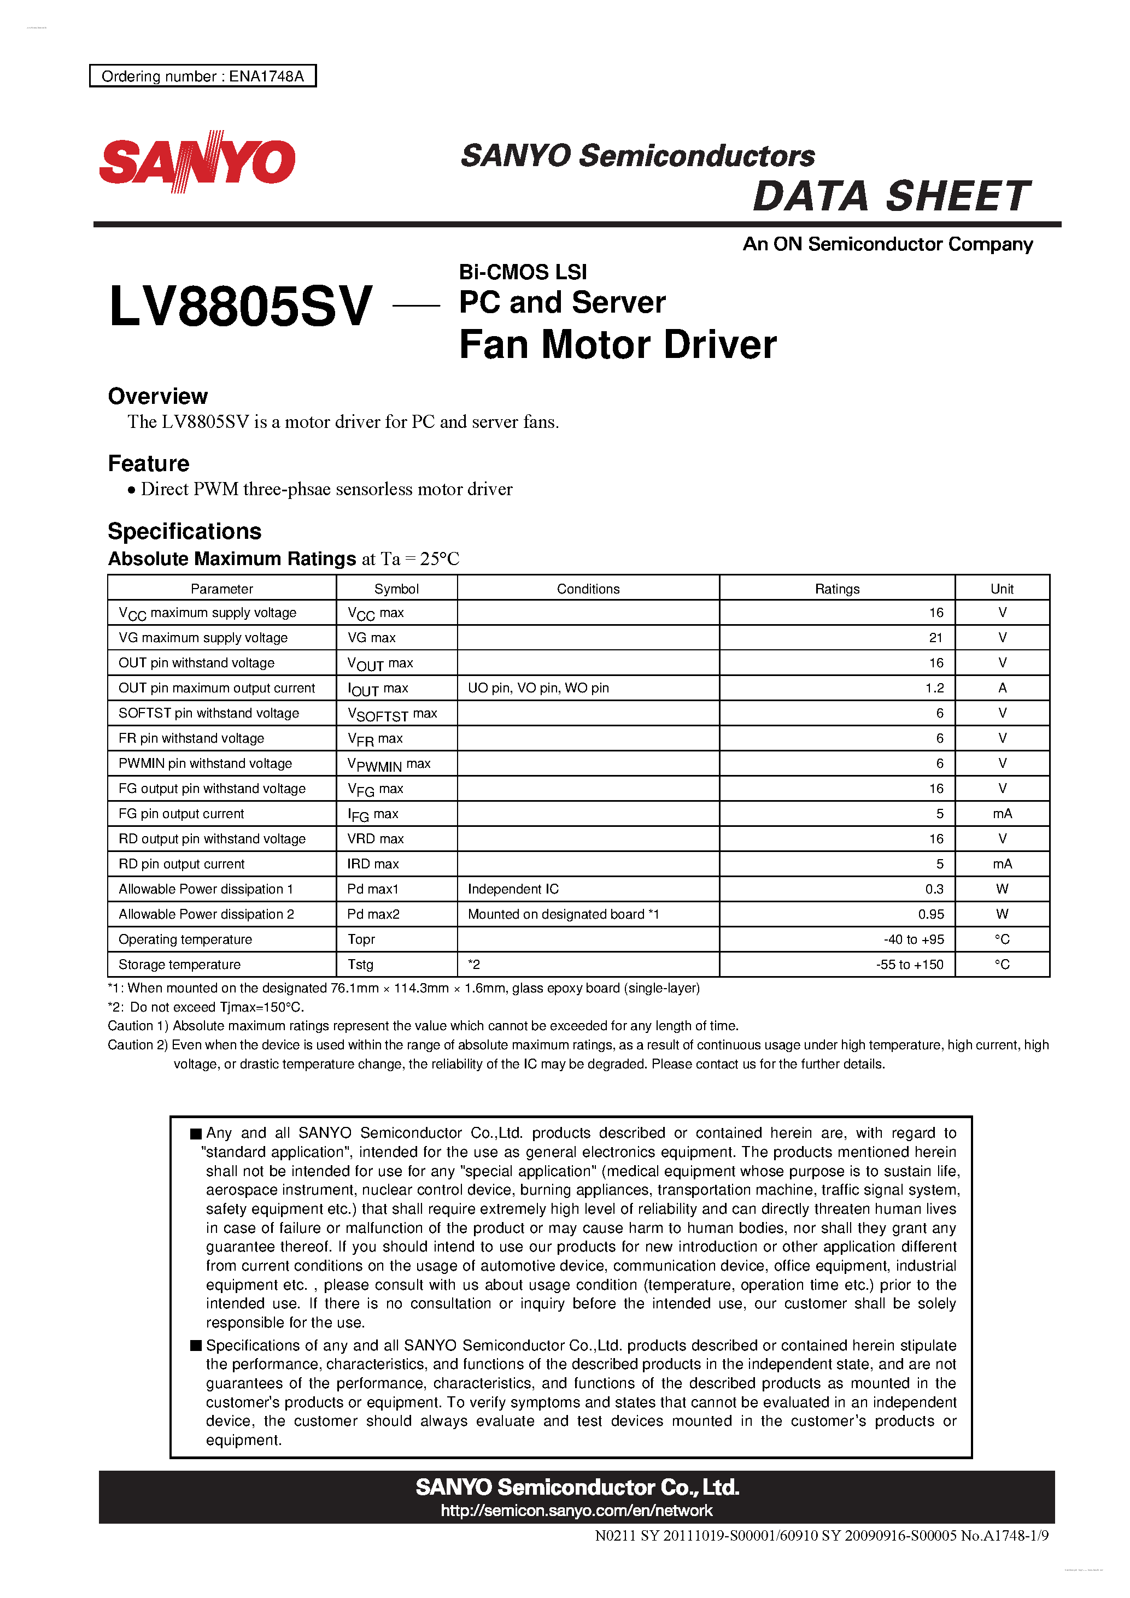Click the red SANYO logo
click(x=197, y=161)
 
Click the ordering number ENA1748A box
click(x=203, y=76)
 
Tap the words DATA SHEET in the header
click(x=891, y=196)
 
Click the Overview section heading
click(x=157, y=396)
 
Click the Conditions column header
click(x=588, y=589)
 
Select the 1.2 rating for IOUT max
click(x=934, y=688)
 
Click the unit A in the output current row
click(x=1002, y=688)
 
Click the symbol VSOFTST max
click(x=392, y=713)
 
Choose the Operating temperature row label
click(x=185, y=939)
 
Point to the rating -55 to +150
click(x=909, y=964)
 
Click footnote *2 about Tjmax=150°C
click(x=206, y=1007)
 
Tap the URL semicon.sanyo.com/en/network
click(x=577, y=1509)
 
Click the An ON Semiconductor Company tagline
click(x=888, y=244)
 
